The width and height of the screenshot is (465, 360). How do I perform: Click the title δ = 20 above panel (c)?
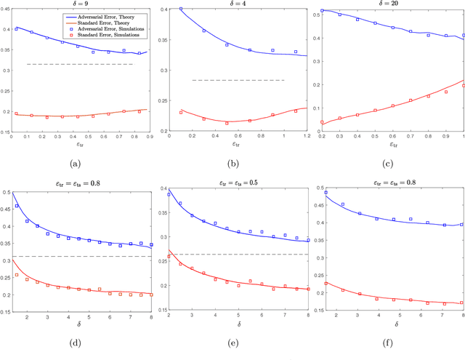click(392, 4)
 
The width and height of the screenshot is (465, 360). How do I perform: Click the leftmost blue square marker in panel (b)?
click(181, 9)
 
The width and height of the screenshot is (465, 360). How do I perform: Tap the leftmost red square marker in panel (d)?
click(17, 275)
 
